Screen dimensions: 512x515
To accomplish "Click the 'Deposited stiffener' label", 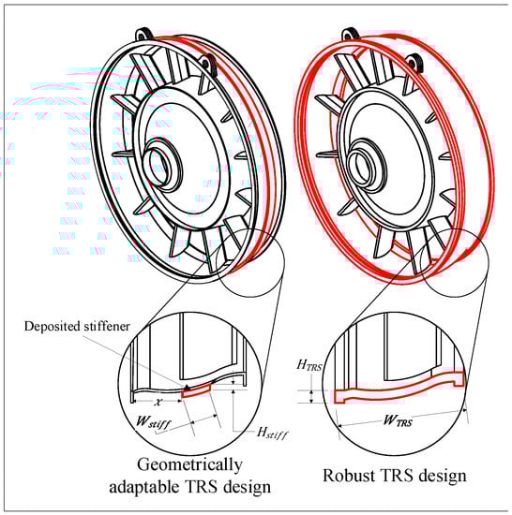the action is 77,326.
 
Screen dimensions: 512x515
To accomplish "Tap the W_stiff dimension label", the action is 154,422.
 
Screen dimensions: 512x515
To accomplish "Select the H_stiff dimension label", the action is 272,433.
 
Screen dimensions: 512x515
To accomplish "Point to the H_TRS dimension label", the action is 309,365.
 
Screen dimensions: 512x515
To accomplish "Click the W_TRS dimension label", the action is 398,420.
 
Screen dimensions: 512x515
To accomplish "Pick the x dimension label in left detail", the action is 159,402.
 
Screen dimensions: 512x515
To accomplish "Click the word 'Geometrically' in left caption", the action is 189,465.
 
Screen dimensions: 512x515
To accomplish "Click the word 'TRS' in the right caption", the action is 387,476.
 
